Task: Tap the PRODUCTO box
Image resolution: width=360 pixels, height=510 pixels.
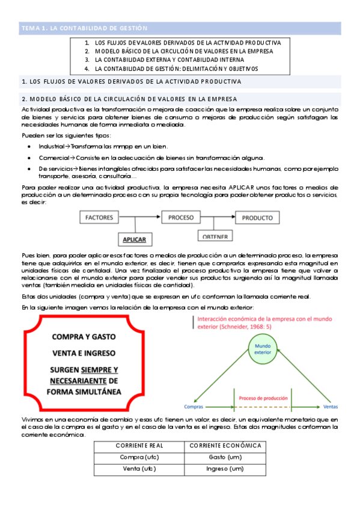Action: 257,218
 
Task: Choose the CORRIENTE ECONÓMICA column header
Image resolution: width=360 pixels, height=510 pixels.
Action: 225,446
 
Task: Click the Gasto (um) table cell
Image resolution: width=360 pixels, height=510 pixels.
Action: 225,457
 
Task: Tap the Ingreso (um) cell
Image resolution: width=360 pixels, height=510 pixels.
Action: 225,469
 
